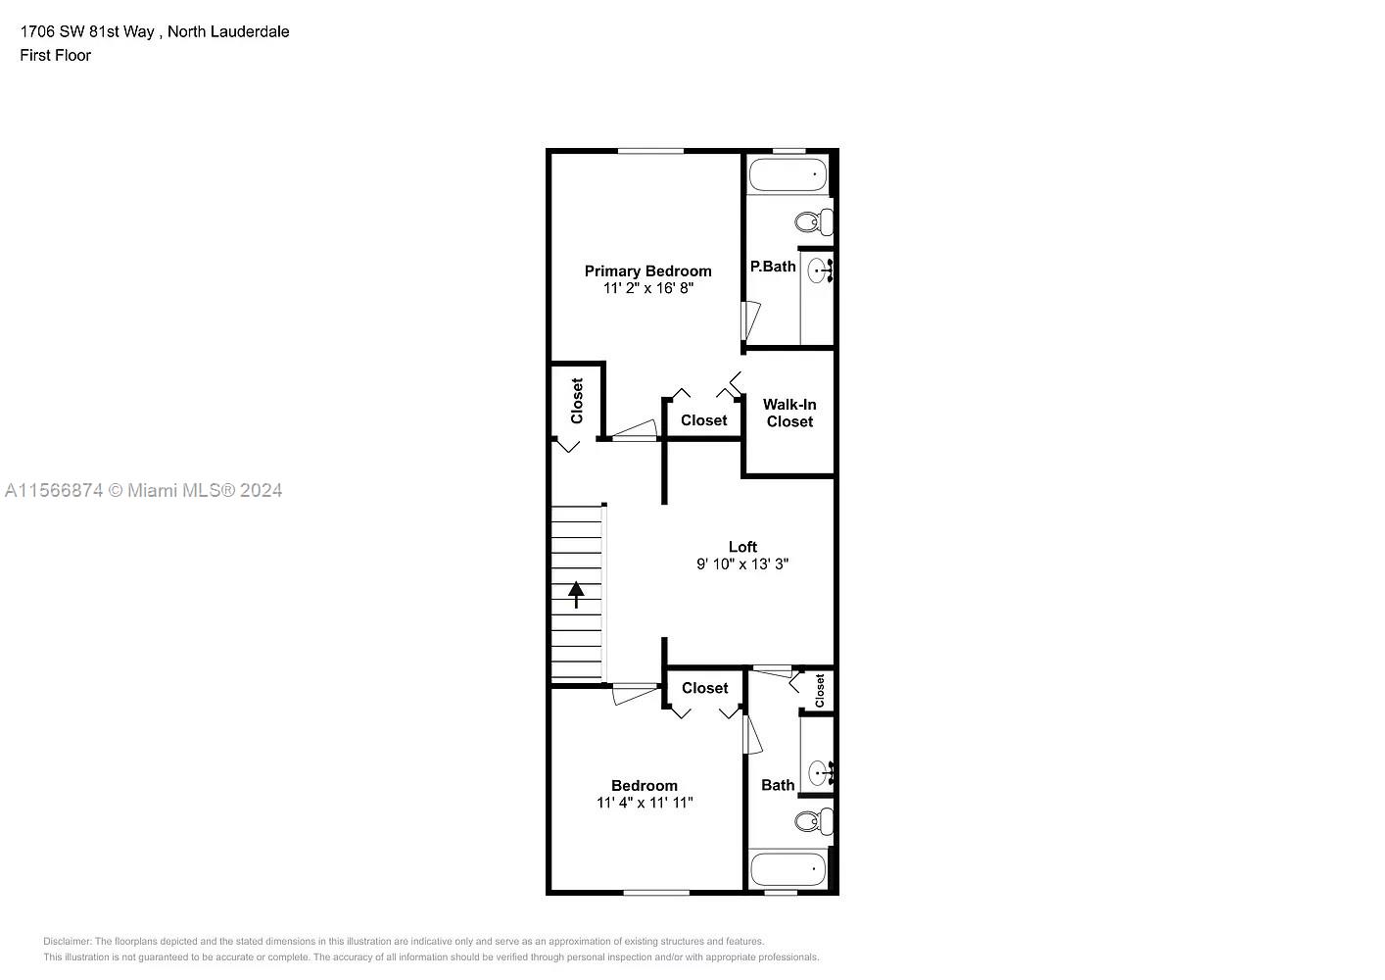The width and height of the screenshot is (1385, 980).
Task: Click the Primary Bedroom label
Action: (x=647, y=271)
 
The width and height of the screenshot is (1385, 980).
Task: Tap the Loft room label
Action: (x=742, y=547)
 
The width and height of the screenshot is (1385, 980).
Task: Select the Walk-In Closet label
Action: (x=789, y=413)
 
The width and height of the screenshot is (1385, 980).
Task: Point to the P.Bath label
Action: (x=773, y=267)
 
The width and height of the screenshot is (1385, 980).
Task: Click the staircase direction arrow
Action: (x=576, y=594)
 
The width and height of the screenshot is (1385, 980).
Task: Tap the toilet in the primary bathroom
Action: (x=813, y=221)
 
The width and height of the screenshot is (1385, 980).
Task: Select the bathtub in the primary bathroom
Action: (x=788, y=177)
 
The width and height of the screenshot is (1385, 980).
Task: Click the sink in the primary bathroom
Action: (x=819, y=270)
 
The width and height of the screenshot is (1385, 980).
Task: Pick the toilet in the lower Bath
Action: (x=812, y=820)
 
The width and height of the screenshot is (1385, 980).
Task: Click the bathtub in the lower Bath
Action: (x=788, y=868)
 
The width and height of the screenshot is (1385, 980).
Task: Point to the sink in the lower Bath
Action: (x=819, y=773)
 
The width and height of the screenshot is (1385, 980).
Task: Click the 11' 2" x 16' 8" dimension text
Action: (x=648, y=289)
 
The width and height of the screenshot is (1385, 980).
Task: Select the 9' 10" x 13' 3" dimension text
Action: (x=742, y=564)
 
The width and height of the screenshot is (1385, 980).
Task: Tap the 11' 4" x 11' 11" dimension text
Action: (x=645, y=803)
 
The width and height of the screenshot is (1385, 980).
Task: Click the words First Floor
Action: (x=56, y=56)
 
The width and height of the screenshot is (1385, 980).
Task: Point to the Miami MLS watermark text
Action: (x=144, y=490)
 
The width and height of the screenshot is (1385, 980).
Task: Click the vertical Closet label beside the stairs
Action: (x=577, y=401)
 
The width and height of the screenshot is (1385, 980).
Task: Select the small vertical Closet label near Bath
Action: (x=820, y=690)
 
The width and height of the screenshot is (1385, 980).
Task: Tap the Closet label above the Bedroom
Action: (x=705, y=688)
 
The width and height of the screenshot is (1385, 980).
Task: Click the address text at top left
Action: (x=155, y=31)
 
